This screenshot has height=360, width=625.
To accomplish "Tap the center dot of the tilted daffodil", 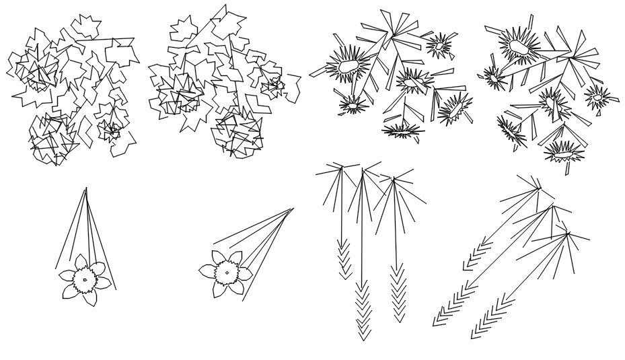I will click(x=227, y=273).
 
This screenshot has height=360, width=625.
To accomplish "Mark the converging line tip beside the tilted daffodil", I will click(x=293, y=209).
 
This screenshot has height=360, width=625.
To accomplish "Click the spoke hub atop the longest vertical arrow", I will click(x=363, y=171).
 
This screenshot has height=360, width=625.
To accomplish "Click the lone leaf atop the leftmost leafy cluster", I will click(x=85, y=26).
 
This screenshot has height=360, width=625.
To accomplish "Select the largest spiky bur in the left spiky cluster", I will click(x=348, y=66).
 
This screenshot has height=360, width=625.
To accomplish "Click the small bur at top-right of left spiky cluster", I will click(x=439, y=46).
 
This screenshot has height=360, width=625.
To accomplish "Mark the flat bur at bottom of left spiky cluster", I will click(x=402, y=131).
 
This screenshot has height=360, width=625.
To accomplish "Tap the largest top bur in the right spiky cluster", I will click(x=519, y=46).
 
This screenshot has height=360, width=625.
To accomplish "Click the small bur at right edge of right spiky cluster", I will click(x=597, y=98).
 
